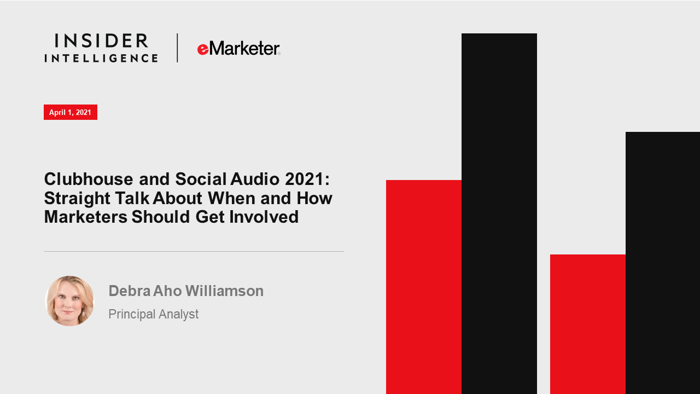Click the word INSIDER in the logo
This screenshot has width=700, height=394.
[101, 41]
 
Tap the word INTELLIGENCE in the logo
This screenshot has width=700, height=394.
[101, 58]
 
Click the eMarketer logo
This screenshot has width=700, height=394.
[239, 49]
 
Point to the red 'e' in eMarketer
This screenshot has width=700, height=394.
[203, 50]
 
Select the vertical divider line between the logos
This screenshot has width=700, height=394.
[177, 48]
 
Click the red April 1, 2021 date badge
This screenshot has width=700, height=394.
[71, 112]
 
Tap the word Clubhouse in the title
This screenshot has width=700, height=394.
[89, 179]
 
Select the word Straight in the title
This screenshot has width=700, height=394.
[77, 199]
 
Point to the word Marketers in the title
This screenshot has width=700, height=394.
[86, 217]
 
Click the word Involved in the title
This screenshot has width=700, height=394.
[264, 217]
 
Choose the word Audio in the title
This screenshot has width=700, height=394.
[255, 179]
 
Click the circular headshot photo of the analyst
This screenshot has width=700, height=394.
[69, 301]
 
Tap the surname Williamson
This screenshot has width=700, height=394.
[225, 291]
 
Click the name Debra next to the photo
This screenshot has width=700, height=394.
[130, 291]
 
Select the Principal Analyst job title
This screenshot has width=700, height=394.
[154, 314]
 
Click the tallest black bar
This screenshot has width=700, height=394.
[499, 213]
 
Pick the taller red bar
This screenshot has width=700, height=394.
[424, 287]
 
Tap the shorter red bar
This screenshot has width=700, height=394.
[588, 325]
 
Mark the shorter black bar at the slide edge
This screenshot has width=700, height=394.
[663, 263]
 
